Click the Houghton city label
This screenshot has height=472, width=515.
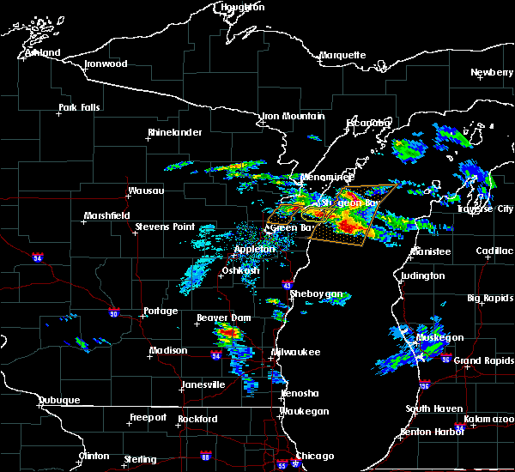coord(243,7)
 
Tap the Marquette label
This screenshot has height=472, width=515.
coord(342,55)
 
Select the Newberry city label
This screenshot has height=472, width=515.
coord(492,73)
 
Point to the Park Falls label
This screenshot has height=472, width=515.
coord(79,107)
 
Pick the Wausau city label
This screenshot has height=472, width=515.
coord(146,191)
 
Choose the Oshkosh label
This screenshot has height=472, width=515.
coord(240,270)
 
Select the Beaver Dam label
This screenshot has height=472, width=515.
coord(216,318)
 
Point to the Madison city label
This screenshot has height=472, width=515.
coord(168,350)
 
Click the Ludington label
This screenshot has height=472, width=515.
coord(422,275)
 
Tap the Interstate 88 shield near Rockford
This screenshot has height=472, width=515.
coord(204,457)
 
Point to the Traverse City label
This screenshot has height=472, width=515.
coord(485,209)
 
